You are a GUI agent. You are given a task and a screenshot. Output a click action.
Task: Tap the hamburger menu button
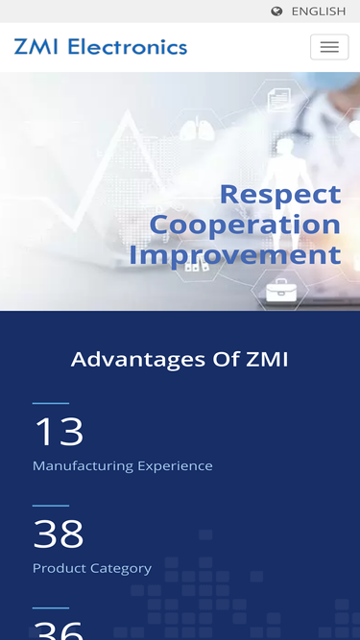[329, 47]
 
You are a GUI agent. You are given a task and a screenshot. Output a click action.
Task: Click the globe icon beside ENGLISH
[277, 12]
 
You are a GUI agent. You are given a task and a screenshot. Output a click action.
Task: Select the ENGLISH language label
[318, 12]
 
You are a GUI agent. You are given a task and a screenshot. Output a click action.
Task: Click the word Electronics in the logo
[128, 47]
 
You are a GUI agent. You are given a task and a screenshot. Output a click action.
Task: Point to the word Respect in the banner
[279, 194]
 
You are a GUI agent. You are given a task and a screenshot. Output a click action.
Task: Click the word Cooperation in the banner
[245, 225]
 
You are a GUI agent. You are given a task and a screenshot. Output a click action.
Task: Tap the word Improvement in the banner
[235, 255]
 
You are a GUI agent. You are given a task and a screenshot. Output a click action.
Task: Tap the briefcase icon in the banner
[281, 290]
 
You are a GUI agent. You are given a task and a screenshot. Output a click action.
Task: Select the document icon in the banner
[279, 98]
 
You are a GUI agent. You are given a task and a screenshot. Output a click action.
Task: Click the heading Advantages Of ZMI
[180, 360]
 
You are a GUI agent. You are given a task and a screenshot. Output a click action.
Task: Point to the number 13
[59, 432]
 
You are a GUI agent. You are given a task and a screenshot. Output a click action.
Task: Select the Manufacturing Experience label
[123, 466]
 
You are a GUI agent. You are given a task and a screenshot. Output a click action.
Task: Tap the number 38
[59, 533]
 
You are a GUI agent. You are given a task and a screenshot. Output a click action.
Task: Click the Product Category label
[92, 568]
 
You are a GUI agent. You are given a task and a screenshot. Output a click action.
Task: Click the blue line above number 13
[51, 404]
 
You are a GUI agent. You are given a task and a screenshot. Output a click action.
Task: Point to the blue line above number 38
[51, 506]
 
